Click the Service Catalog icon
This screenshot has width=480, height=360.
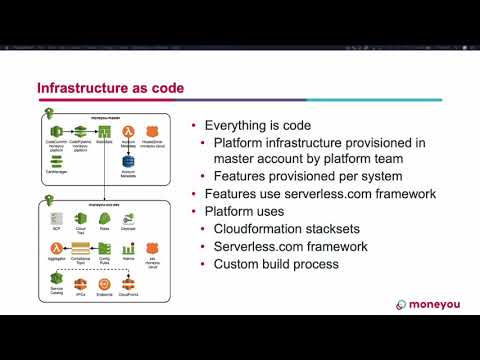(x=56, y=275)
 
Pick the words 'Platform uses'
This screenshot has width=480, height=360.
(x=246, y=211)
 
